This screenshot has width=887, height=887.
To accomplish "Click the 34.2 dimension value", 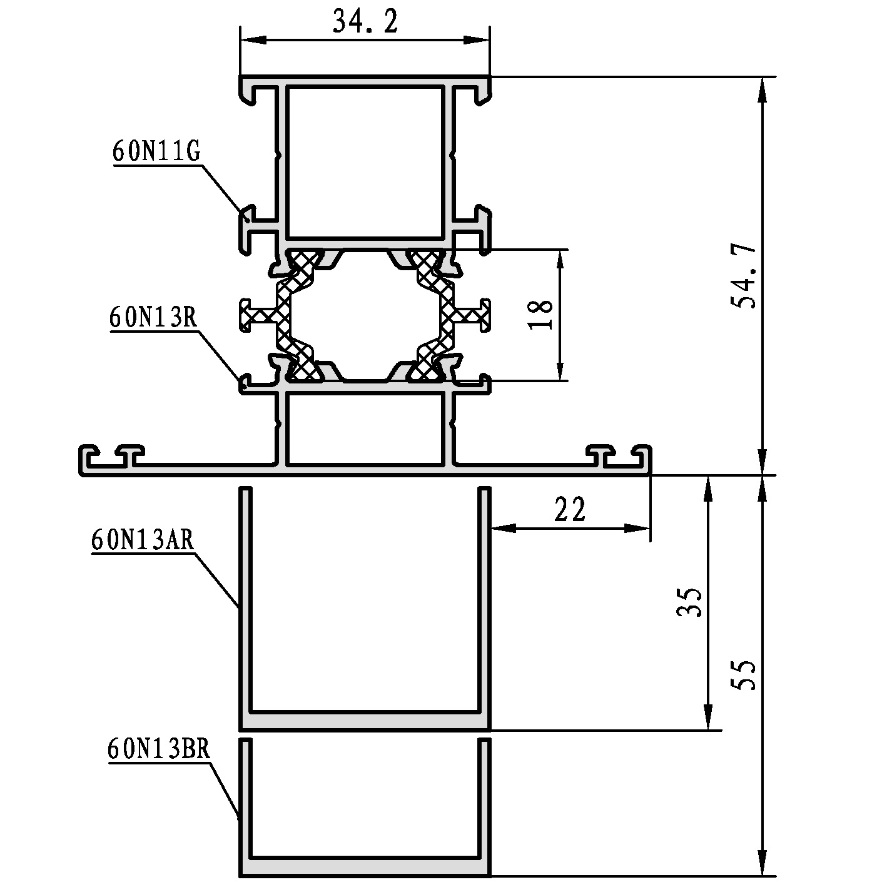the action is click(x=365, y=22).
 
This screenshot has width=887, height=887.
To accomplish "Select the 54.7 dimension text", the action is click(x=744, y=276).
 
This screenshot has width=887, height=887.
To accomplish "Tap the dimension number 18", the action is click(x=540, y=315).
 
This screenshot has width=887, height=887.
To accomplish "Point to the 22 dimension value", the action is click(x=570, y=510).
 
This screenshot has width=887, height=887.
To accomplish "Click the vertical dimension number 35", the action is click(x=689, y=602).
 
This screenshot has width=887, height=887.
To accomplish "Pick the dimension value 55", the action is click(x=743, y=675).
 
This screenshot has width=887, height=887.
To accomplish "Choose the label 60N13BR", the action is click(x=159, y=749).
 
